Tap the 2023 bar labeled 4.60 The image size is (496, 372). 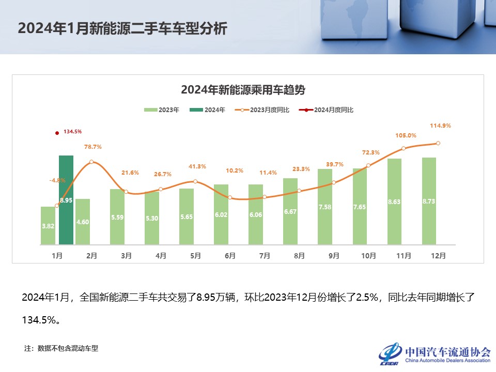83,222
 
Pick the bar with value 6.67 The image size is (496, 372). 290,211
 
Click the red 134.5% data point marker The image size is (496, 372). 57,133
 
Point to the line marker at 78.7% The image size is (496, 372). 91,162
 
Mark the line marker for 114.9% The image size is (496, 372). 438,143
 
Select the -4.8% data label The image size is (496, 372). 57,180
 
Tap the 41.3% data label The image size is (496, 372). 197,166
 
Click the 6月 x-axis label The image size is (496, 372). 230,255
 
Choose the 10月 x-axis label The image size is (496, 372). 368,255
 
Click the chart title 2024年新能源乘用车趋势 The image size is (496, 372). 243,89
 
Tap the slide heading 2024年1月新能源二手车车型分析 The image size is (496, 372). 122,28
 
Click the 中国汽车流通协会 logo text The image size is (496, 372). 447,352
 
